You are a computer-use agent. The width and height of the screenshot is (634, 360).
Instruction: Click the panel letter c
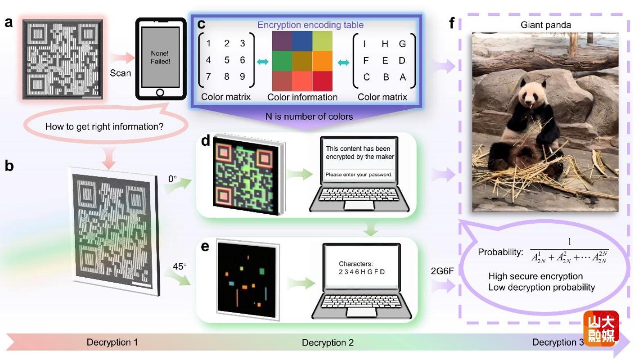[201, 24]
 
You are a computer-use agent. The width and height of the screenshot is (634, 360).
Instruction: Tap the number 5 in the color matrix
[227, 60]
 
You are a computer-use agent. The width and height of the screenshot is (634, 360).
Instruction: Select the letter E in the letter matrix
[385, 61]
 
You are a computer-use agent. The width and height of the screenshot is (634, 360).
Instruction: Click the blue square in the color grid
[302, 41]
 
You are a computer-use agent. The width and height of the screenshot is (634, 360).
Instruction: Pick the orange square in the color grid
[322, 61]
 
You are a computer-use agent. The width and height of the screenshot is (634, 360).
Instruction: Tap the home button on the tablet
[160, 93]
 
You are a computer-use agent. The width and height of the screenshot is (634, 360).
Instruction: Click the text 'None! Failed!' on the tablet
[160, 58]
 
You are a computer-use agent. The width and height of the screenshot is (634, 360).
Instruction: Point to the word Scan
[120, 73]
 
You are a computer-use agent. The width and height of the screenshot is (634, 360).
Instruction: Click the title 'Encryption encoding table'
[310, 25]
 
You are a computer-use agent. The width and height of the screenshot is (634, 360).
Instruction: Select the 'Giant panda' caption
[546, 25]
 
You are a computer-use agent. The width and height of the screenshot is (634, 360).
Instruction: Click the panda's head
[531, 91]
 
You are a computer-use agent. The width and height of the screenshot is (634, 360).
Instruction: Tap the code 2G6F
[442, 271]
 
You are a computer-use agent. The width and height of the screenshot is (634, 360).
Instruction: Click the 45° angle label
[180, 266]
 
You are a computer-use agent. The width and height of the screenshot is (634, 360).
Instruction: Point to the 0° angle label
[172, 179]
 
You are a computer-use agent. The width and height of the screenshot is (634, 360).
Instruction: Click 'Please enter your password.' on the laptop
[359, 175]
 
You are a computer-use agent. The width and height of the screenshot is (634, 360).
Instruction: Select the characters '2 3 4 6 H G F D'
[362, 272]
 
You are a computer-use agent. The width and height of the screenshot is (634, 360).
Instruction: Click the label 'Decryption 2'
[328, 343]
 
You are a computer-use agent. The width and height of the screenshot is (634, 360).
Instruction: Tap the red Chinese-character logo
[601, 328]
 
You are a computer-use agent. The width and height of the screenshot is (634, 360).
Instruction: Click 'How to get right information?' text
[104, 126]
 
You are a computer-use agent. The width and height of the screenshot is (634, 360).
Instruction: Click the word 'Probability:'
[500, 252]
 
